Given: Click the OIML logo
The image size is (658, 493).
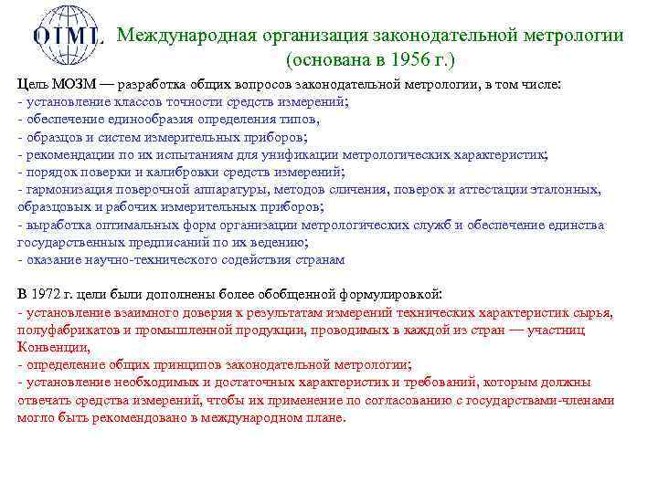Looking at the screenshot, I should (x=68, y=37).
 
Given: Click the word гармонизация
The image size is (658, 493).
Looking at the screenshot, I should (x=66, y=189).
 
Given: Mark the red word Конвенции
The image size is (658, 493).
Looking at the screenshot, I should (x=51, y=347).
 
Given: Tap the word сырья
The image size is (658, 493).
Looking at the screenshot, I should (x=594, y=312).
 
